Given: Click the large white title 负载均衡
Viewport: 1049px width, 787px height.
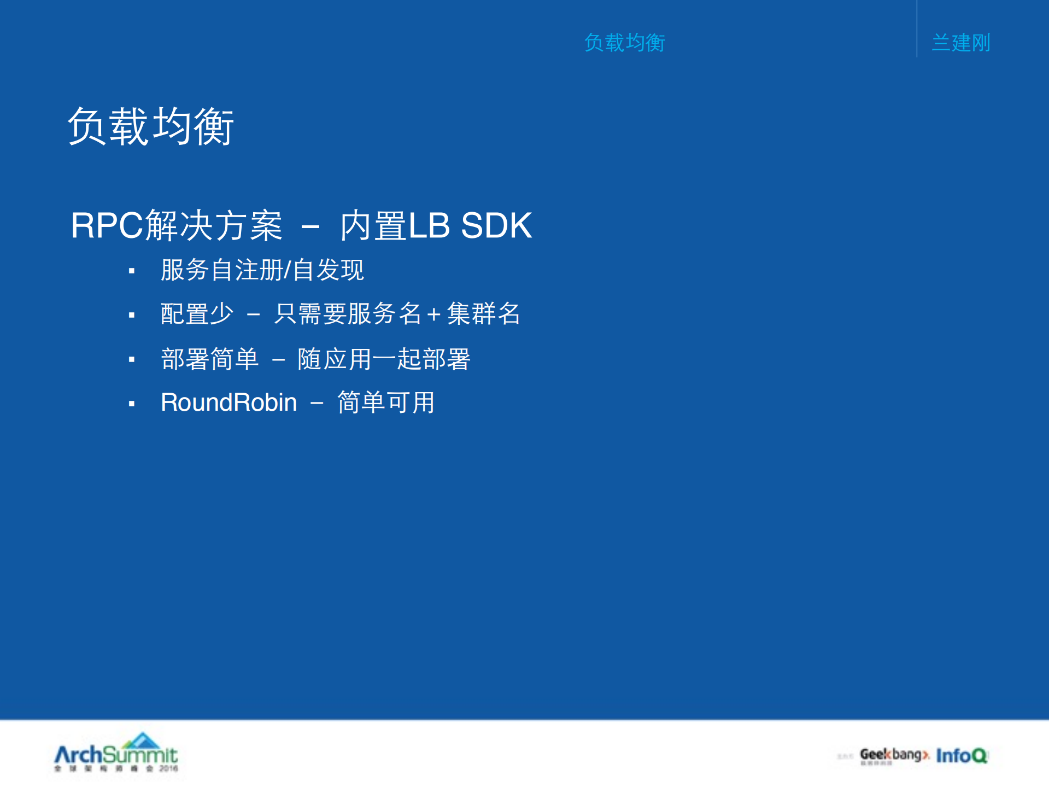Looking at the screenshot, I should pyautogui.click(x=150, y=126).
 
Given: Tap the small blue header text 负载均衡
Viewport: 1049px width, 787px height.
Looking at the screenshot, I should pyautogui.click(x=624, y=43).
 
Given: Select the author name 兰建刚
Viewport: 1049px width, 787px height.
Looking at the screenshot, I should pyautogui.click(x=960, y=43).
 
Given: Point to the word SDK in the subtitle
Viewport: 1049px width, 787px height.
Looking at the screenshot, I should pyautogui.click(x=496, y=225).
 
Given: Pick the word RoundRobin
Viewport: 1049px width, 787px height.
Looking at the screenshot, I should pyautogui.click(x=228, y=403).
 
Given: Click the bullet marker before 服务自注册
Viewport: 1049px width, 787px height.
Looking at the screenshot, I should pyautogui.click(x=132, y=271).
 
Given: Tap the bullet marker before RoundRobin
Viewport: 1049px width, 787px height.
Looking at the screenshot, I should pyautogui.click(x=132, y=404).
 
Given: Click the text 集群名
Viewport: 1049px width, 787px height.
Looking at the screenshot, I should pyautogui.click(x=483, y=314).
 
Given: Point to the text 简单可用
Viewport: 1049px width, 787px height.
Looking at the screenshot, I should pyautogui.click(x=385, y=403).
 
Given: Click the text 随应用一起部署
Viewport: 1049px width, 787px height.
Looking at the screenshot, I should pyautogui.click(x=384, y=359).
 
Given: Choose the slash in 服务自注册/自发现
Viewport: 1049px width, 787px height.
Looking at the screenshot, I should pyautogui.click(x=288, y=270).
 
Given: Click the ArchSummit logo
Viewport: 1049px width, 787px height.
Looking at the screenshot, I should pyautogui.click(x=116, y=754).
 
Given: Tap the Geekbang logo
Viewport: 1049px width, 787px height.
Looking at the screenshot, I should pyautogui.click(x=894, y=755).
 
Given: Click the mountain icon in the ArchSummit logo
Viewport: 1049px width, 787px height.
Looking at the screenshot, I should pyautogui.click(x=142, y=740).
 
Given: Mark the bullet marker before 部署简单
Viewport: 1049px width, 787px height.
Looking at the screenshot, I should pyautogui.click(x=132, y=360).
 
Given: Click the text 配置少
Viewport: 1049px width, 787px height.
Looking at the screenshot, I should pyautogui.click(x=197, y=314).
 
